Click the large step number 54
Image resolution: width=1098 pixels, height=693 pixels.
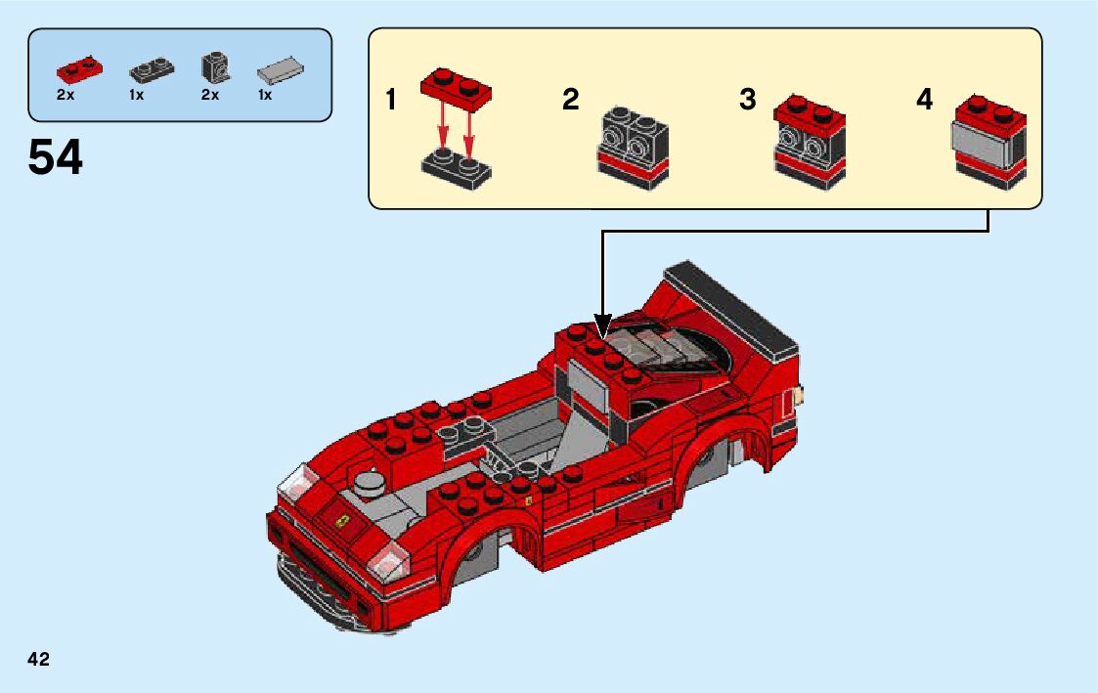(56, 157)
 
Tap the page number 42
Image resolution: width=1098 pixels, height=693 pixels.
(39, 659)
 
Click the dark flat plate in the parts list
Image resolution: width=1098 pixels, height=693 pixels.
(151, 70)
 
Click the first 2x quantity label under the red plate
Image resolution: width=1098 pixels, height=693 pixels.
(66, 95)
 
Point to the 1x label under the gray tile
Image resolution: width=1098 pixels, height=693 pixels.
(265, 95)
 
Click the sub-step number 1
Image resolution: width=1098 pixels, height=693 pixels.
(391, 101)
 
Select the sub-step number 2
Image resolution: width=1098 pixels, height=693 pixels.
(571, 100)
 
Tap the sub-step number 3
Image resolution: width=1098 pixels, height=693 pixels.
(748, 100)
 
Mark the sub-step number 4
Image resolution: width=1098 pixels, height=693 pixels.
(925, 100)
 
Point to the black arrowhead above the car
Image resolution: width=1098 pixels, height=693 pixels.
(602, 325)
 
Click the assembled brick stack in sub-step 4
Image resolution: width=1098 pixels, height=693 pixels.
(988, 142)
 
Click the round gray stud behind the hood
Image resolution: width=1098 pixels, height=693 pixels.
(369, 480)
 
